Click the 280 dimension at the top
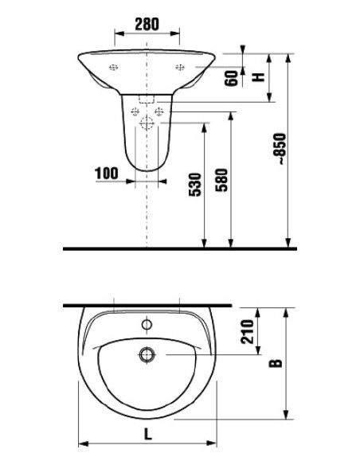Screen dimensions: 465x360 pos(147,25)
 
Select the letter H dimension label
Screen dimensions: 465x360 pos(256,77)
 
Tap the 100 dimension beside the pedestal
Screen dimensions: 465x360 pos(106,173)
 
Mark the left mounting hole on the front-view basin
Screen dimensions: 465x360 pos(114,67)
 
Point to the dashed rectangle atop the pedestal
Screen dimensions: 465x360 pos(146,100)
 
